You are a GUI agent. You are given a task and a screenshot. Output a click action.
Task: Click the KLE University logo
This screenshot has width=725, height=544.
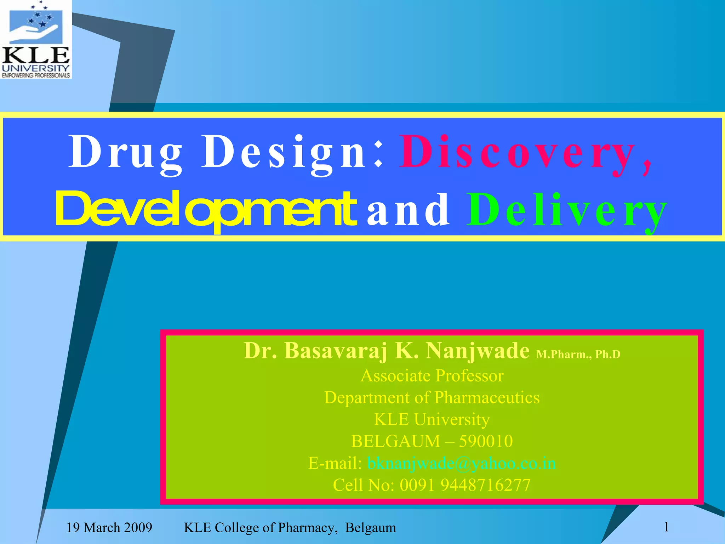(36, 39)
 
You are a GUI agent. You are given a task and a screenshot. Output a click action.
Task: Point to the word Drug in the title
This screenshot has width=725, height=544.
(126, 152)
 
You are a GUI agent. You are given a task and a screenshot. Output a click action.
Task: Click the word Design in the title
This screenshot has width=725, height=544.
(283, 152)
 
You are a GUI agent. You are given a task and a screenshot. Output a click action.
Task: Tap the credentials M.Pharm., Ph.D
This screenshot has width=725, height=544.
(578, 354)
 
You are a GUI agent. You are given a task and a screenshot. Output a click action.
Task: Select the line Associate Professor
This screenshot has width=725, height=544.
(432, 375)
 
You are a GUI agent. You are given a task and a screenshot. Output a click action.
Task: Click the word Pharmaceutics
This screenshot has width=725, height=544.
(487, 397)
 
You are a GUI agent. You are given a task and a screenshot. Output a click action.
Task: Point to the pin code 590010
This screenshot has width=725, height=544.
(486, 441)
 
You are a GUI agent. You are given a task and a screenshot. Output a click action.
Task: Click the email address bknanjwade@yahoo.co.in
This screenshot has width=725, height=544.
(462, 463)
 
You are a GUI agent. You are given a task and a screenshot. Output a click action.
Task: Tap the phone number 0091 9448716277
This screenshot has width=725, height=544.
(465, 485)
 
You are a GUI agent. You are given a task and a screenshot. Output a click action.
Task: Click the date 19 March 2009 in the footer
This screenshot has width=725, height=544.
(109, 528)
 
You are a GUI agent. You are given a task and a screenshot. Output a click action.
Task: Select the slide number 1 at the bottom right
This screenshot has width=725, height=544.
(666, 527)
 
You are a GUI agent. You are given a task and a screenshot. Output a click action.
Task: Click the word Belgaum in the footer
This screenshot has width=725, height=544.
(370, 528)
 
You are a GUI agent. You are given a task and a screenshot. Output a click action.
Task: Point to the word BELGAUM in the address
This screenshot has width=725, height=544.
(395, 441)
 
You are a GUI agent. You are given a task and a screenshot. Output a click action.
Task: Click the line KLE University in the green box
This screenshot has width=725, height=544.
(432, 419)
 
